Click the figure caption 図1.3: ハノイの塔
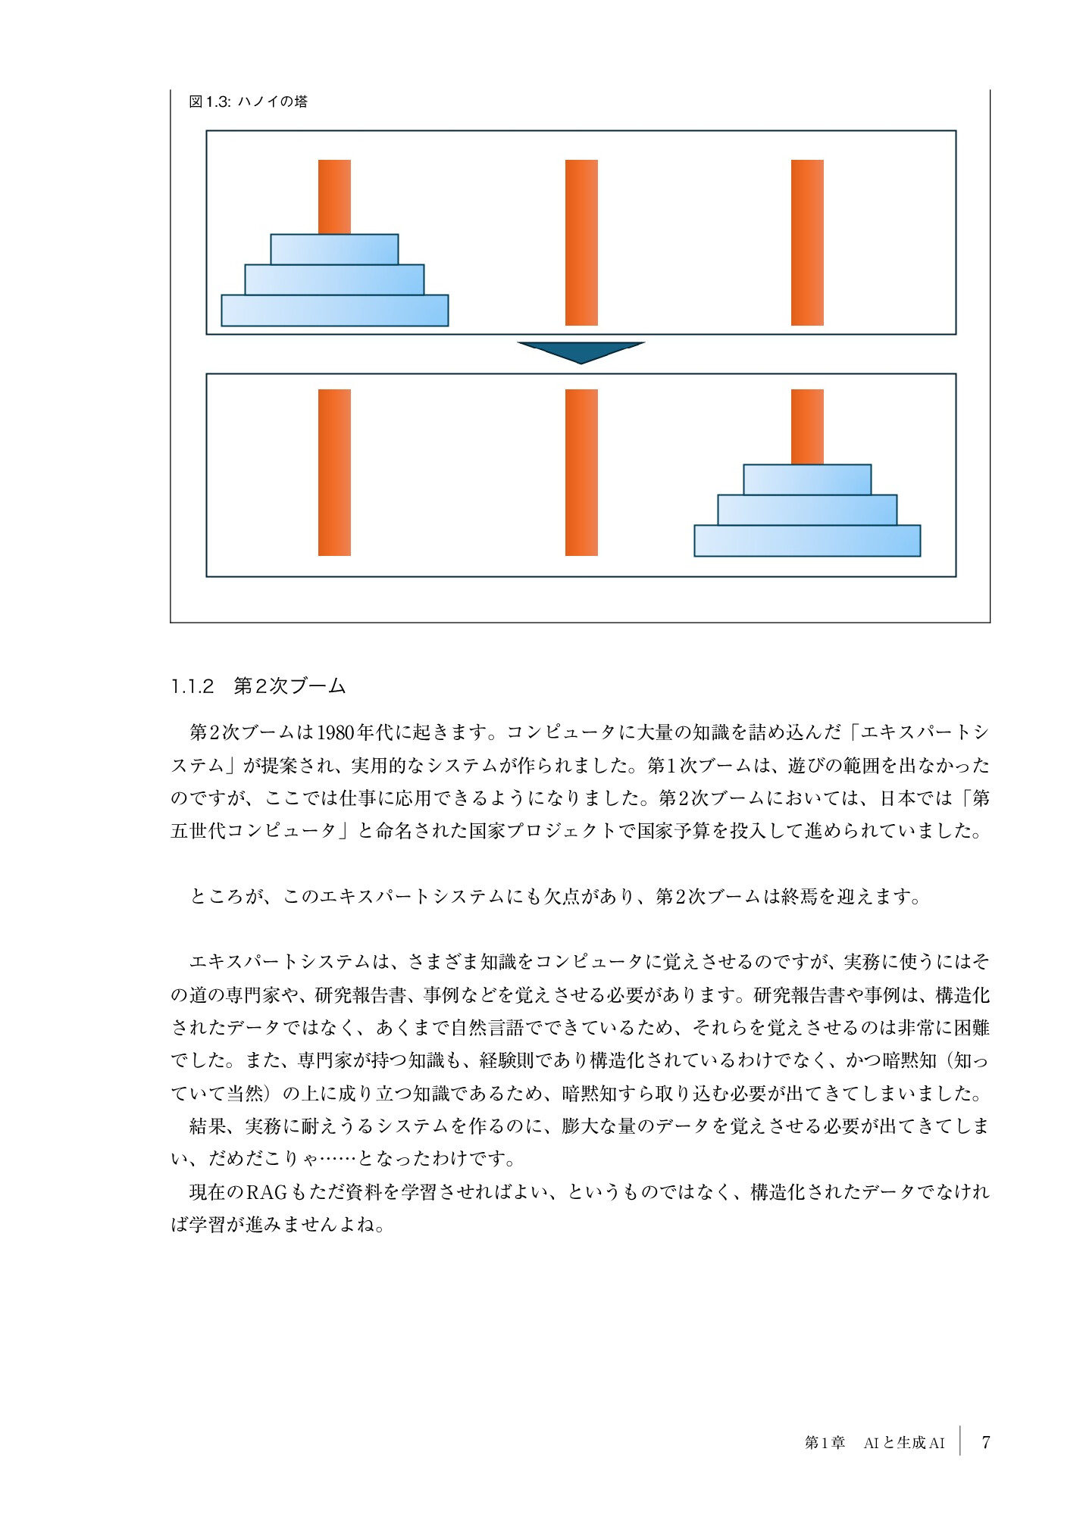(248, 101)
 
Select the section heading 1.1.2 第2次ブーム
(258, 686)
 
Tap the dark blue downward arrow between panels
(581, 351)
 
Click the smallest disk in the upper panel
(334, 249)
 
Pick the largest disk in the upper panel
(334, 311)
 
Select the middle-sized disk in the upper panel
(334, 279)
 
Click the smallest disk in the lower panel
(807, 479)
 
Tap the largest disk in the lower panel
(807, 541)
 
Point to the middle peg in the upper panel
(581, 242)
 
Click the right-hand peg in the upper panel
(807, 242)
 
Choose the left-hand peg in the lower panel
(334, 472)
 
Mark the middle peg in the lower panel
(581, 472)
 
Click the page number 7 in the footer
(985, 1442)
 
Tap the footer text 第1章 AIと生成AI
(875, 1443)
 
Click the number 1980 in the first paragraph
(336, 732)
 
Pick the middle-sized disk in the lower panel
(807, 510)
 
